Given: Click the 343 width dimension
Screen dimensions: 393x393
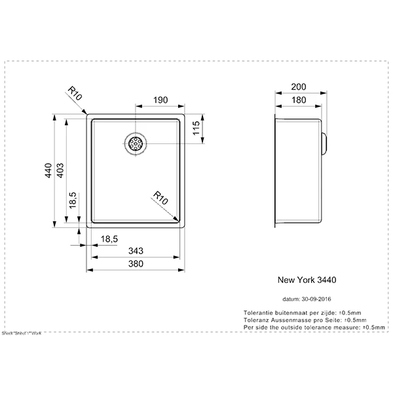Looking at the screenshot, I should coord(136,252).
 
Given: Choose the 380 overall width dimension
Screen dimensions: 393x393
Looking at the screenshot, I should coord(136,265).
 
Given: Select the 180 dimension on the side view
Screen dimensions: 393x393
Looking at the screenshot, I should coord(299,100).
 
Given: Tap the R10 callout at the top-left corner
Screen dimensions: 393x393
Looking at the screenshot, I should coord(74,96).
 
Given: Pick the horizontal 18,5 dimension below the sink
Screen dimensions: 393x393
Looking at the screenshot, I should coord(109,240).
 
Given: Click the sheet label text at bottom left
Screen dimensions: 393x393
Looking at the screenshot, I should coord(22,333).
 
